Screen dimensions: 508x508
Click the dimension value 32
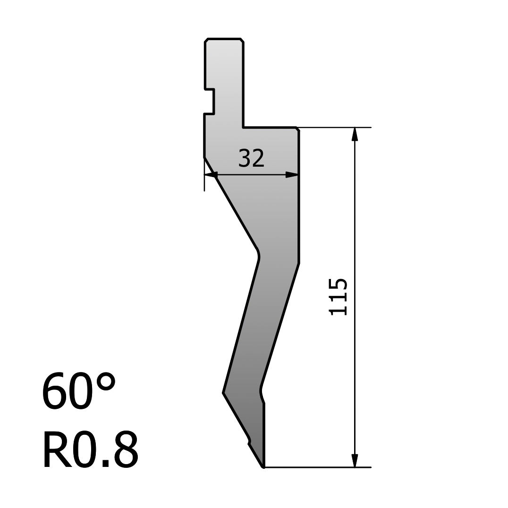coord(251,159)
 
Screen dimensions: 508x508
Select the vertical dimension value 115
coord(338,296)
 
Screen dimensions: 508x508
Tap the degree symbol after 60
coord(106,381)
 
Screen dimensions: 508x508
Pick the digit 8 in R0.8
coord(126,449)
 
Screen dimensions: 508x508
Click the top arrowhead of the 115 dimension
coord(355,134)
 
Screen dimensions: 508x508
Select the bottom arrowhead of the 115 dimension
coord(355,460)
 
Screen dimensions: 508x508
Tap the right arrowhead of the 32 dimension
coord(292,175)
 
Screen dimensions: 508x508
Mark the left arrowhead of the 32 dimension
coord(211,175)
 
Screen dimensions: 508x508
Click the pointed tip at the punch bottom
coord(263,467)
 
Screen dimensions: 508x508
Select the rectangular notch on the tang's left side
coord(210,102)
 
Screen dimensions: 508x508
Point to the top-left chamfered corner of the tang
coord(206,40)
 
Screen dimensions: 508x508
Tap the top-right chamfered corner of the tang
coord(242,40)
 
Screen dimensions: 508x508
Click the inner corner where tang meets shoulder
coord(244,127)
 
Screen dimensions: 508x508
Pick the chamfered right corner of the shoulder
coord(297,129)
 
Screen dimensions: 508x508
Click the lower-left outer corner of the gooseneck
coord(224,392)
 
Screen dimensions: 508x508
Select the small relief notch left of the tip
coord(249,441)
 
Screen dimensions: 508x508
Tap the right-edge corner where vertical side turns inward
coord(298,263)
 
